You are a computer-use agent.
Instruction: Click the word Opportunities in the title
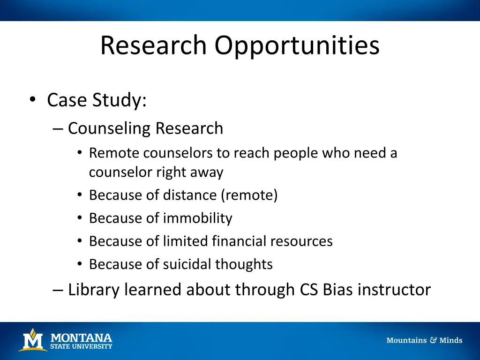click(297, 45)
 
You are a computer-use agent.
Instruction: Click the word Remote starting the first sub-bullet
click(114, 153)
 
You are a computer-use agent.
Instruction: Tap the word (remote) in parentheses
click(249, 195)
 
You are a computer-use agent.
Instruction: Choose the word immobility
click(197, 218)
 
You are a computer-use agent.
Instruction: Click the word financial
click(240, 241)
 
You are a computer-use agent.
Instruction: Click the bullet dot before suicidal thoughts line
click(80, 264)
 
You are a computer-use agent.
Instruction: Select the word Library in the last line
click(94, 290)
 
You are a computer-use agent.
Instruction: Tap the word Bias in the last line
click(338, 290)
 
